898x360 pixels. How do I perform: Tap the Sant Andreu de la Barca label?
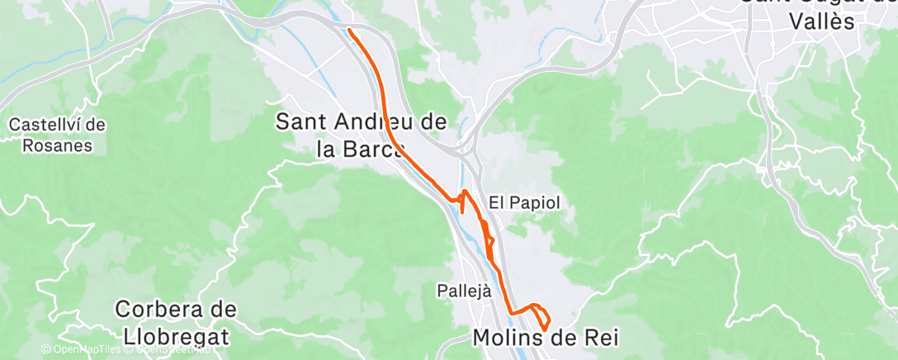pos(361,135)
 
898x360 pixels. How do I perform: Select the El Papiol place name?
pos(519,201)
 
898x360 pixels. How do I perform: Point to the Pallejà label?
pos(464,291)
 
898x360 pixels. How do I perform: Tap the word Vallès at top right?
pos(820,22)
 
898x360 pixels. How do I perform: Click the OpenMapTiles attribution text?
pos(85,349)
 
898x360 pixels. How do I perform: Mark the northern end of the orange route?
pos(351,31)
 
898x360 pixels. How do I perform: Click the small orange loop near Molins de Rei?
pos(541,317)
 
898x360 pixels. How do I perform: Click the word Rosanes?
pos(57,145)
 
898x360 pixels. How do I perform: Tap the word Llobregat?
pos(176,338)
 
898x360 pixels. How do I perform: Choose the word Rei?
pos(601,338)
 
